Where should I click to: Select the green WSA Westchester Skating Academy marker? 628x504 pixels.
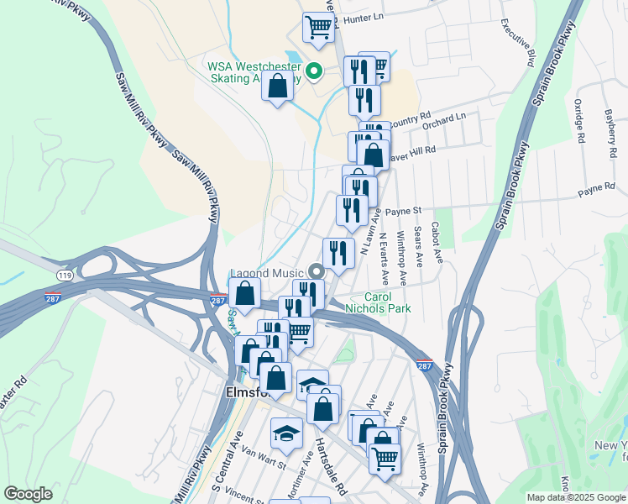tap(314, 71)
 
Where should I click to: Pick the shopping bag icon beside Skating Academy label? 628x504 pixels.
tap(277, 86)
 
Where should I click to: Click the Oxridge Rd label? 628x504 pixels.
tap(578, 123)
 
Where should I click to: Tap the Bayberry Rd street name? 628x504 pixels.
tap(608, 134)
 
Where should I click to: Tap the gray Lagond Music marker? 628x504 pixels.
tap(317, 270)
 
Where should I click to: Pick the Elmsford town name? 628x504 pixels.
tap(245, 391)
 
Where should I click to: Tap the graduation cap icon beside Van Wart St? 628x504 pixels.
tap(285, 432)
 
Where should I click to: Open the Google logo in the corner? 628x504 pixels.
tap(28, 494)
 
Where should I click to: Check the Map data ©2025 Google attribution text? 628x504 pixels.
tap(576, 497)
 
